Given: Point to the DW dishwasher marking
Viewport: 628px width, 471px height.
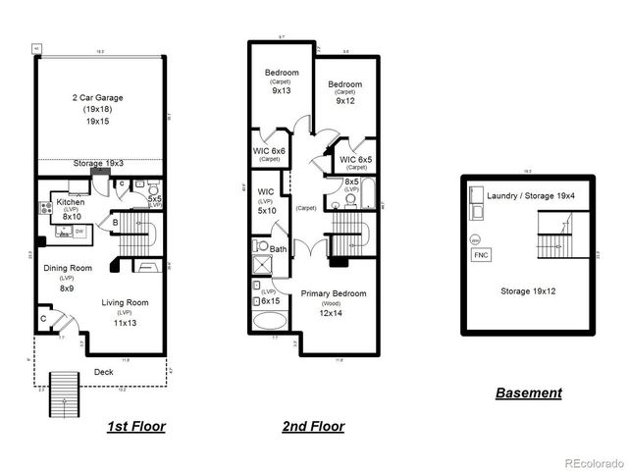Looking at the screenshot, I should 79,231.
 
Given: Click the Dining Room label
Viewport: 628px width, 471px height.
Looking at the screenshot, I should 67,267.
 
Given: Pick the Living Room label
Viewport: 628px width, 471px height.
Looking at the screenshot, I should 126,302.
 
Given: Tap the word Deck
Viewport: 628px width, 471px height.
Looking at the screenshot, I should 104,372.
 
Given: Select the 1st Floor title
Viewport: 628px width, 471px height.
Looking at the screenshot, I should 135,427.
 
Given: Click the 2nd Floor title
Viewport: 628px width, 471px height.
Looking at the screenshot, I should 312,427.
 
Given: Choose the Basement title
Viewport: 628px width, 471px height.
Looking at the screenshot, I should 529,392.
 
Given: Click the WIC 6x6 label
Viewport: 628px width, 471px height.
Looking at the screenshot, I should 269,150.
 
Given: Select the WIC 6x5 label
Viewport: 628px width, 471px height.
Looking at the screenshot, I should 356,159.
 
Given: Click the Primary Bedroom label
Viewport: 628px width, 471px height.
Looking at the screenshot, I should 334,293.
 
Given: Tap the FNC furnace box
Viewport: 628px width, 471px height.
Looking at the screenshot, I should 481,255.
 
